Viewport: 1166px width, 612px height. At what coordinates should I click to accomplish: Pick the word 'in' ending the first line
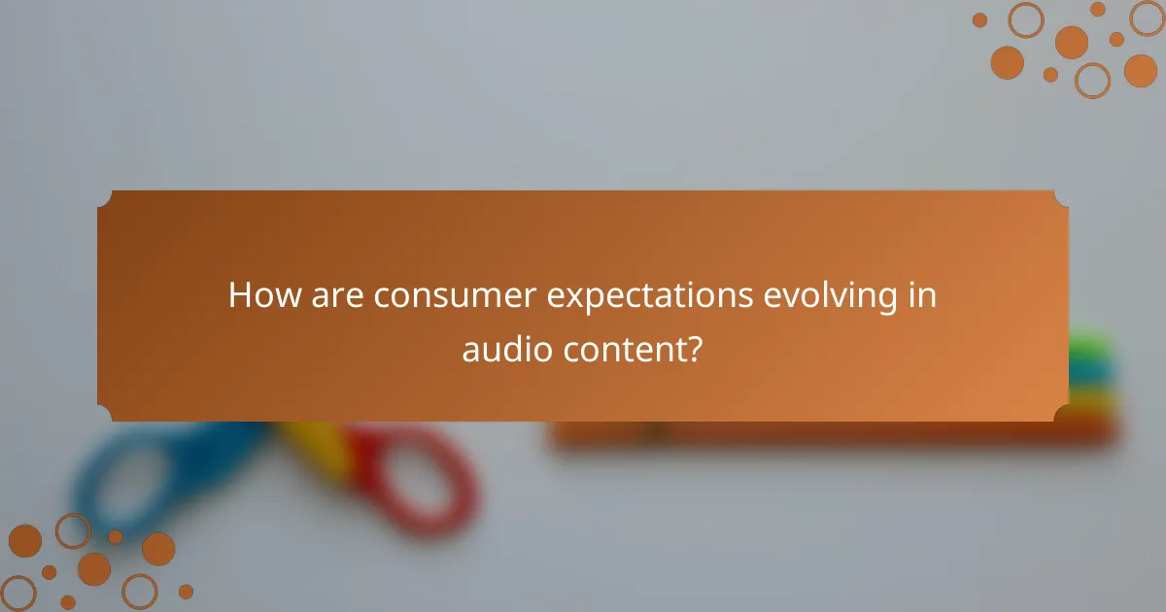tap(923, 295)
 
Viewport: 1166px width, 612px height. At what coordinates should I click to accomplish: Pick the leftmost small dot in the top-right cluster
tap(979, 19)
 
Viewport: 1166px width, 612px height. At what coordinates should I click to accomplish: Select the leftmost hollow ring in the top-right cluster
tap(1025, 19)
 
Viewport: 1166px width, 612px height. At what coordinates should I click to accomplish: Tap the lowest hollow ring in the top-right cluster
tap(1092, 80)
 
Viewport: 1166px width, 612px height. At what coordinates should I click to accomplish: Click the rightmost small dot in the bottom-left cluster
tap(186, 591)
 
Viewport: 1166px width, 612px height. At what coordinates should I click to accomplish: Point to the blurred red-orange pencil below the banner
tap(836, 432)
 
